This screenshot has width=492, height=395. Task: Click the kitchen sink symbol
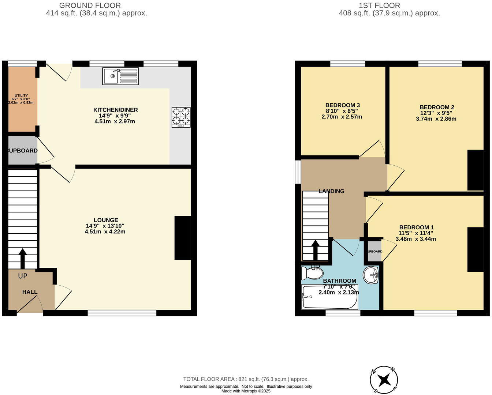[x=120, y=76]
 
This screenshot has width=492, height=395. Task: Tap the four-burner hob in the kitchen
[x=181, y=117]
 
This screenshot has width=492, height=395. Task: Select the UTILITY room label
[x=21, y=95]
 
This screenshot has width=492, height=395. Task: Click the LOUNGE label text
[x=106, y=220]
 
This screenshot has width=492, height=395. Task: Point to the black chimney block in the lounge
[x=183, y=238]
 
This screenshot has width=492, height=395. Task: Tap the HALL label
[x=30, y=292]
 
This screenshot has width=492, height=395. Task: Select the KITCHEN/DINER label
[x=115, y=110]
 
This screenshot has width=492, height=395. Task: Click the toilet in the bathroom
[x=312, y=273]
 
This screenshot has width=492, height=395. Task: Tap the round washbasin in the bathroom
[x=371, y=275]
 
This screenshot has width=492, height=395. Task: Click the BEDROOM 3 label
[x=342, y=105]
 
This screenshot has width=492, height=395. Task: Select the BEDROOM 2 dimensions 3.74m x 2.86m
[x=436, y=118]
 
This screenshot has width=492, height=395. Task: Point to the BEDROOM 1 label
[x=416, y=227]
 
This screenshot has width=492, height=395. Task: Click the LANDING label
[x=331, y=191]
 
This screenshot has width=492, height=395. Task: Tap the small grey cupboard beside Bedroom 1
[x=374, y=251]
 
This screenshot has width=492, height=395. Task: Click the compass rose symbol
[x=384, y=380]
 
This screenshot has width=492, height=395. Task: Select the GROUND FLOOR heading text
[x=90, y=5]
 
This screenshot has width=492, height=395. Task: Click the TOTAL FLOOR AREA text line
[x=246, y=379]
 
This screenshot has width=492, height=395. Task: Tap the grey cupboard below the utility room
[x=23, y=150]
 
